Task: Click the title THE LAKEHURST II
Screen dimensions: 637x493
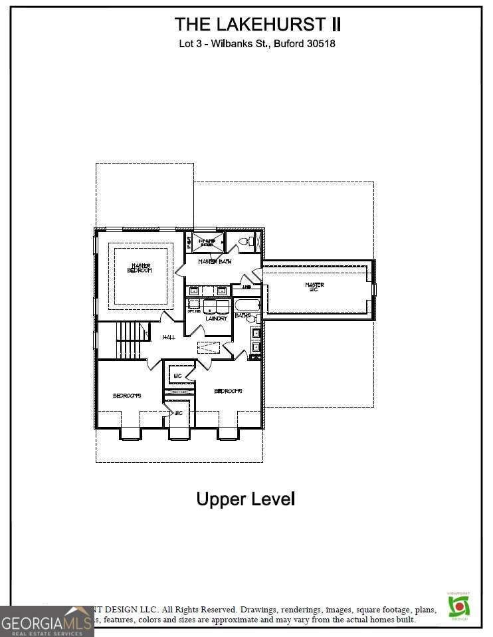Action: (x=258, y=25)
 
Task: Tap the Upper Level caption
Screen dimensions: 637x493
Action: (x=245, y=499)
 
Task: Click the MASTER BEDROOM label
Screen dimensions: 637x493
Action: (x=140, y=267)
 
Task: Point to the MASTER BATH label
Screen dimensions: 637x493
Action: (x=215, y=262)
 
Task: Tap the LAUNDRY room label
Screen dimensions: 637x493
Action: (x=216, y=318)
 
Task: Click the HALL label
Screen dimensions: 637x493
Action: (x=169, y=338)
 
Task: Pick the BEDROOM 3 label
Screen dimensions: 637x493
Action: (x=127, y=396)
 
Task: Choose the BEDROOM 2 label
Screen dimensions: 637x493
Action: (x=228, y=391)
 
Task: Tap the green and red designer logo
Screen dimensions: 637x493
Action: (x=458, y=605)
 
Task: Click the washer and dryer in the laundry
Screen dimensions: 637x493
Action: (x=217, y=307)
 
